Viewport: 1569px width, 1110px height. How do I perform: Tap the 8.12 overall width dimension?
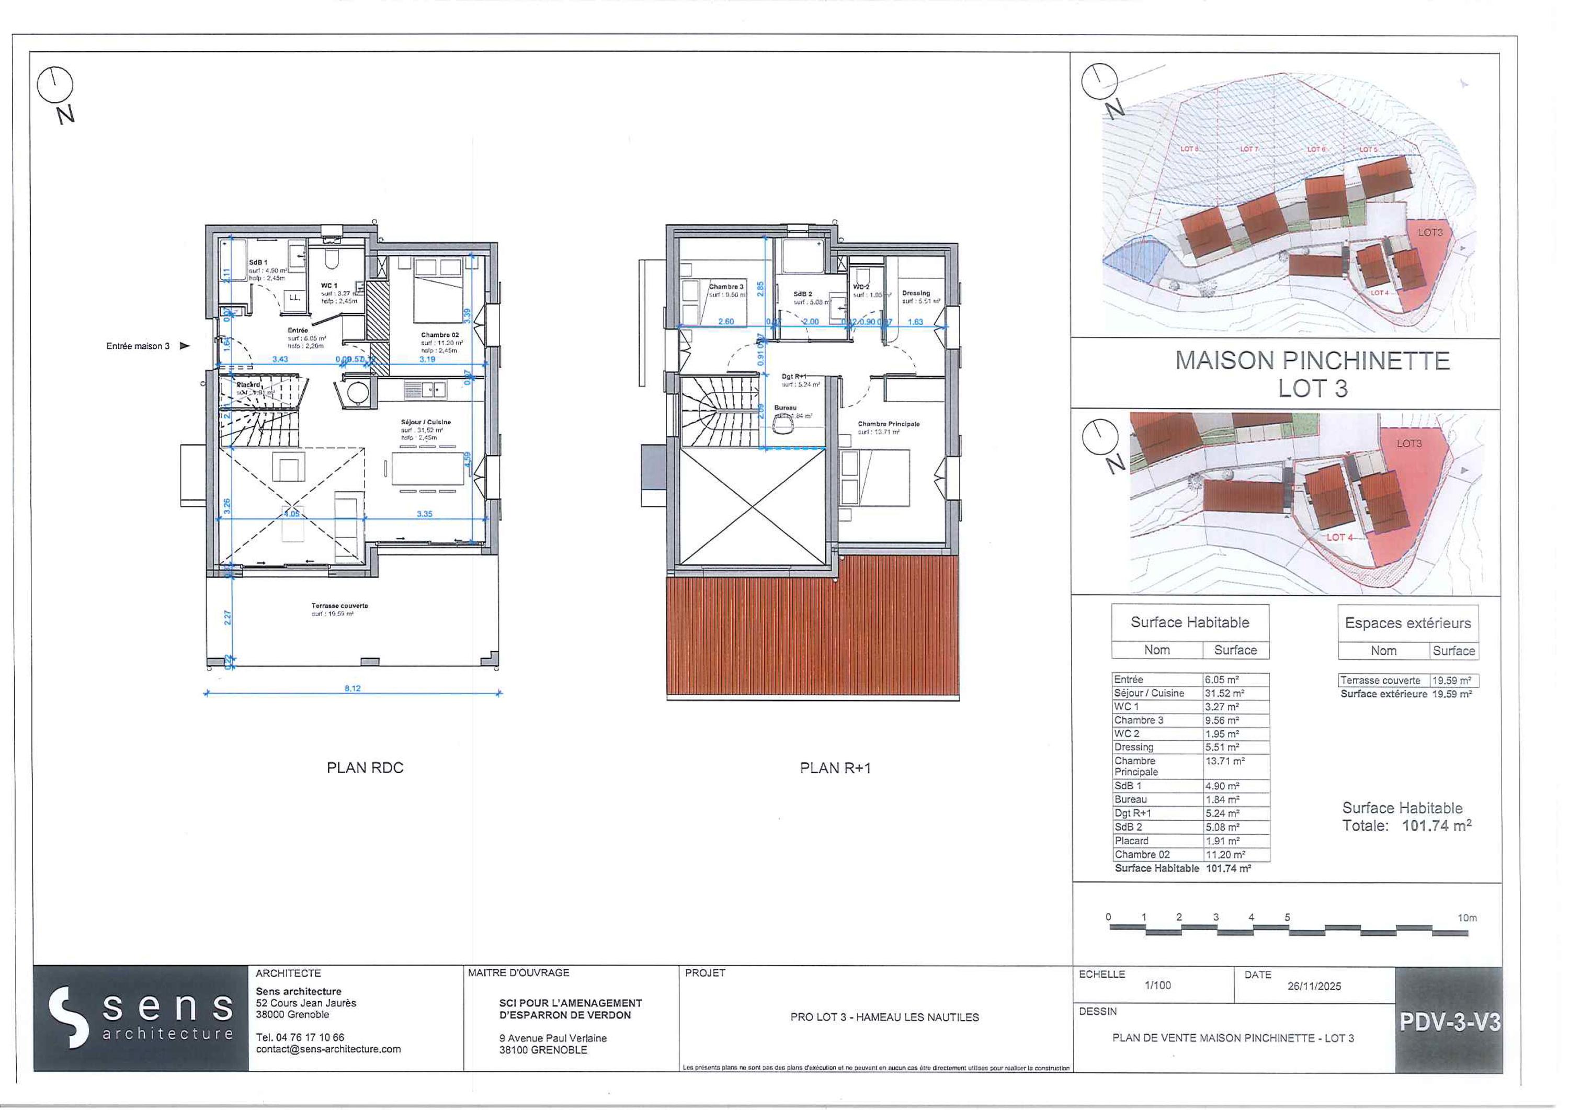pos(352,688)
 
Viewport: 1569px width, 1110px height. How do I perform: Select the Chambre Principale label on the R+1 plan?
pos(889,424)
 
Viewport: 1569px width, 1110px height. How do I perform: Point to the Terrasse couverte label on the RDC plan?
pos(339,606)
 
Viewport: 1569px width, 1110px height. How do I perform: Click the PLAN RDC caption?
pos(365,767)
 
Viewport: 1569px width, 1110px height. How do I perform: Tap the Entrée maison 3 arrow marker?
pos(184,346)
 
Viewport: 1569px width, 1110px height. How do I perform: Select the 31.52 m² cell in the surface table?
pos(1224,693)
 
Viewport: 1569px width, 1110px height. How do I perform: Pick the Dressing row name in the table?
pos(1134,747)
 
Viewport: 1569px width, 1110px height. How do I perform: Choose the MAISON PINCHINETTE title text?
pos(1312,361)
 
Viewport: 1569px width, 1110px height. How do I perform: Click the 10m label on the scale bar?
pos(1467,918)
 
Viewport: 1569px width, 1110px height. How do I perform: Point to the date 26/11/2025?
pos(1314,986)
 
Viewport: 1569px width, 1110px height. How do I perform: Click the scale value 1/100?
pos(1157,986)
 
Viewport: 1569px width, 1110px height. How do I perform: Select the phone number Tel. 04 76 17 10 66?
pos(300,1037)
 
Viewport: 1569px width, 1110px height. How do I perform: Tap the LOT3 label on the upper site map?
pos(1429,232)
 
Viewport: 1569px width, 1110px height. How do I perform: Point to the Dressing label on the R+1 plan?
pos(916,292)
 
